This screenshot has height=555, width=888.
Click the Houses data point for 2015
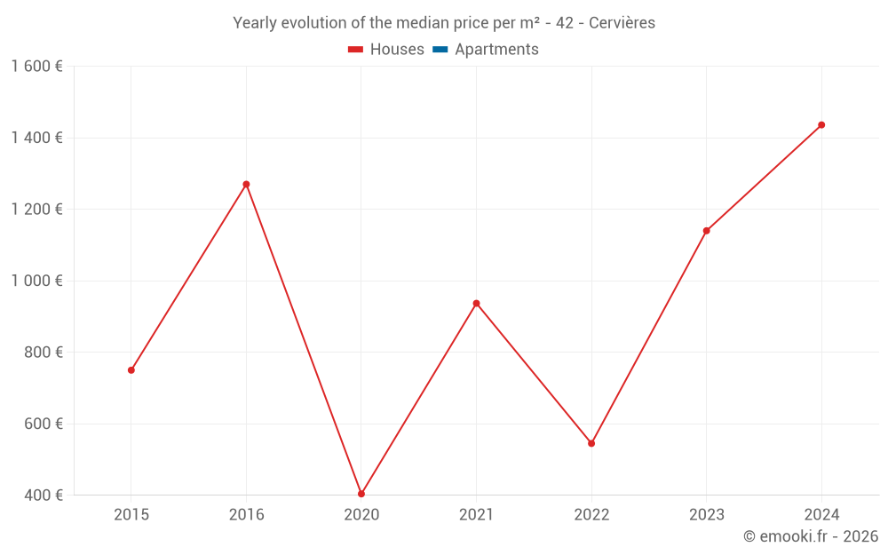pos(131,370)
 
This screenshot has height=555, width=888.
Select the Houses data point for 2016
pos(246,185)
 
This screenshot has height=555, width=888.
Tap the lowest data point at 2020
pos(361,494)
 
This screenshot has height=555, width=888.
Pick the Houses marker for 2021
pos(477,304)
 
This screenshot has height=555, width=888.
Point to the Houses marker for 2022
pos(591,443)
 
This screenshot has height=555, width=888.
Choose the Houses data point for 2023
pos(707,231)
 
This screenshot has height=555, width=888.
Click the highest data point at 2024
pos(821,125)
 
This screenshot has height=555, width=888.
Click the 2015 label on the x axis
pos(131,515)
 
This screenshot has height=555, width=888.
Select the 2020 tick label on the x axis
pos(361,515)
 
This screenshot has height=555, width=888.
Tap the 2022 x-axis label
pos(591,515)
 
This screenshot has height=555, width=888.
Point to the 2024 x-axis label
pos(821,515)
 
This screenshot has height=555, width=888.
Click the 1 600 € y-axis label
pos(36,67)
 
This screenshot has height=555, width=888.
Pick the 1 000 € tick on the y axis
pos(36,281)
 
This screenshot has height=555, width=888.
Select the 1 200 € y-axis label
pos(36,210)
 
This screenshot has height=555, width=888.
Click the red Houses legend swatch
pos(356,50)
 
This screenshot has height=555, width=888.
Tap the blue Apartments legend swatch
pos(440,50)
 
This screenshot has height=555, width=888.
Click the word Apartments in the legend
pos(496,50)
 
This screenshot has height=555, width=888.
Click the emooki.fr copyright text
pos(811,536)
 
